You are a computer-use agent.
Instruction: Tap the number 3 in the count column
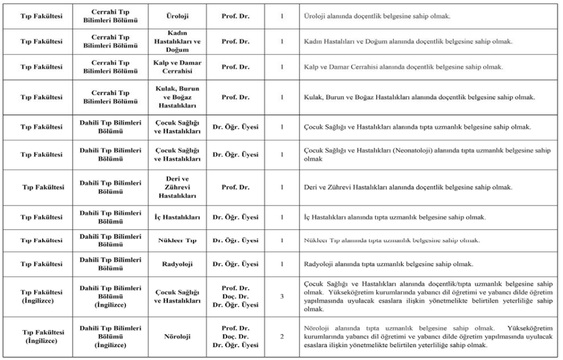pos(282,296)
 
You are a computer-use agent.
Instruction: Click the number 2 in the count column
pos(282,336)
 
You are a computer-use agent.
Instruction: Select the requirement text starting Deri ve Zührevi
pos(408,187)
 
